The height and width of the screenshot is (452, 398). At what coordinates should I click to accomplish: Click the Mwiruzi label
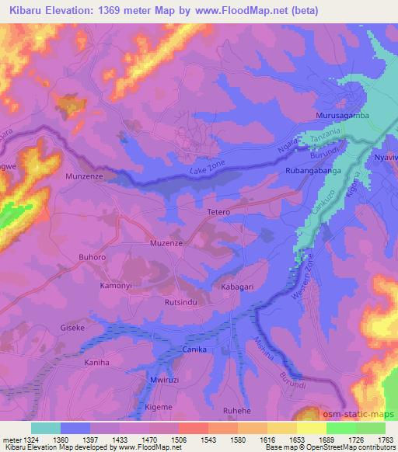coord(164,380)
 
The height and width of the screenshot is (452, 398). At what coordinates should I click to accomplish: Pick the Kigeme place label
coord(159,407)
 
